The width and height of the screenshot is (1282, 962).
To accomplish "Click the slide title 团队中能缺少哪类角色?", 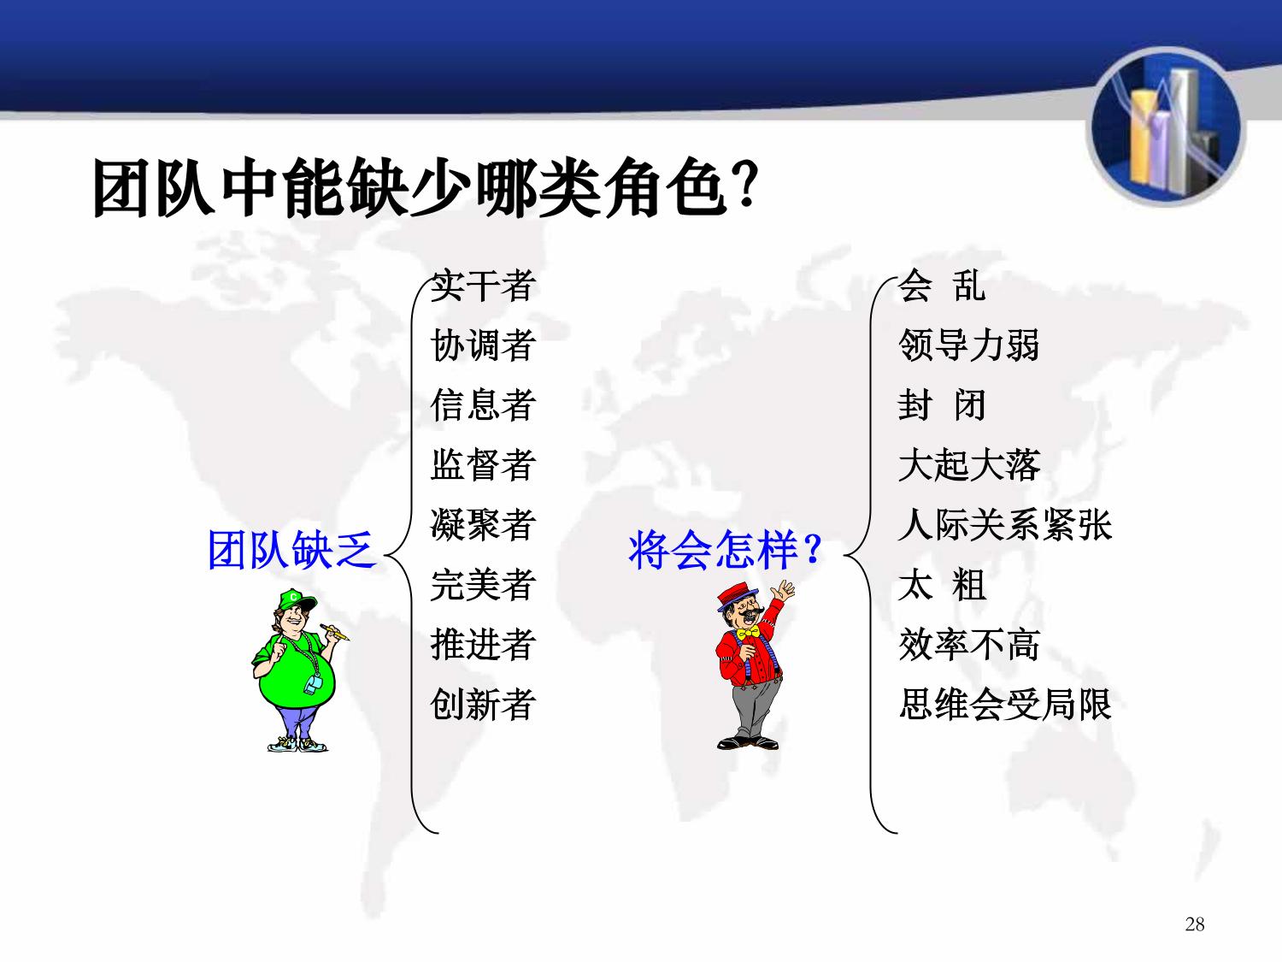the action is click(x=426, y=188).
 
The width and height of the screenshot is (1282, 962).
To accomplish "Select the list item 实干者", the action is click(x=483, y=286).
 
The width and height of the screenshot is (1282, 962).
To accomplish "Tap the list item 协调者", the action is click(x=483, y=345).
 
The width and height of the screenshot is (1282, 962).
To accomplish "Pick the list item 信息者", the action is click(x=483, y=404).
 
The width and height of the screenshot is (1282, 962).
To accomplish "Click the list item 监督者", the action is click(x=483, y=465).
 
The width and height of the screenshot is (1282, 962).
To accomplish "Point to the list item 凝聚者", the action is click(x=483, y=524).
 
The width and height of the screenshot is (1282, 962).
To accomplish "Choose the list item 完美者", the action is click(x=483, y=585).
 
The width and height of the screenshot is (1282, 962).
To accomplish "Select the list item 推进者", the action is click(x=483, y=644).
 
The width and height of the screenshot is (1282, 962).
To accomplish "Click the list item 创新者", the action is click(x=483, y=705).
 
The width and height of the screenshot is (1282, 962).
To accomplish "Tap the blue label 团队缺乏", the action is click(x=292, y=550).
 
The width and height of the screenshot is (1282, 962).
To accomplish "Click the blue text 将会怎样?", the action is click(x=725, y=550).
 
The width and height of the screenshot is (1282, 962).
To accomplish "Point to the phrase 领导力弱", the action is click(x=969, y=345).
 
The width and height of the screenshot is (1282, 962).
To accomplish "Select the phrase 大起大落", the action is click(x=969, y=465).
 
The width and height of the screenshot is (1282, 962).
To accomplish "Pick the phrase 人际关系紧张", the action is click(x=1004, y=524).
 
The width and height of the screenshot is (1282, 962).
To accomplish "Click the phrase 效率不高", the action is click(x=969, y=644).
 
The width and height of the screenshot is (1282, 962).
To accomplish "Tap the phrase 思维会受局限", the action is click(x=1004, y=705).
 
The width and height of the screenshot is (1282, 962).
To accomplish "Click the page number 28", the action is click(x=1195, y=924).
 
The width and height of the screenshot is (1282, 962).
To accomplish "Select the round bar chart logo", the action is click(x=1166, y=127).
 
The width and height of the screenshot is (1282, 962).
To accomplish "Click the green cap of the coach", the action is click(x=296, y=600).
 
